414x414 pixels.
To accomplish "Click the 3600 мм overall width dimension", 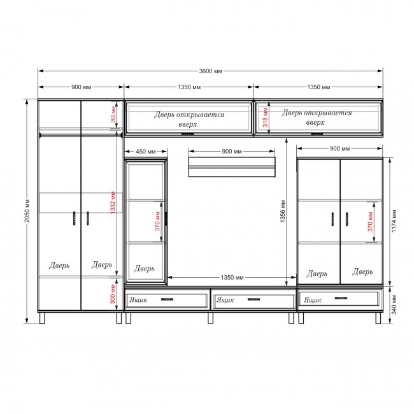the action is point(210,71).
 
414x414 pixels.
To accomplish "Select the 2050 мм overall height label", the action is point(27,211).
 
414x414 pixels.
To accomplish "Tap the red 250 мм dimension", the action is point(113,114).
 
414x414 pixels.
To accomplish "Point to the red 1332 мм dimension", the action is point(113,203).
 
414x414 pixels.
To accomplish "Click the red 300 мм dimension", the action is point(113,294).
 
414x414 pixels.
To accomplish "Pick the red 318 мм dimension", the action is point(265,117).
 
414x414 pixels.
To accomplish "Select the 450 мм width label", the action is point(146,152).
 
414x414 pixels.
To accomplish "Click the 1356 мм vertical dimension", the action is point(283,211).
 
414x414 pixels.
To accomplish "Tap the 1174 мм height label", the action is point(394,221).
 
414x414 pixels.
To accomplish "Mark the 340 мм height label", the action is point(394,304).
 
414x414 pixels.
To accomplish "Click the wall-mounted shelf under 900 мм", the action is point(232,167).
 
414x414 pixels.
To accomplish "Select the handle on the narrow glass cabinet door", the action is point(166,218).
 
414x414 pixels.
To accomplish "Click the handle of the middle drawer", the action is point(253,299).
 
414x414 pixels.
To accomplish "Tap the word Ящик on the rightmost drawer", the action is point(313,300).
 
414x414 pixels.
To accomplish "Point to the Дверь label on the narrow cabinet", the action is point(144,269).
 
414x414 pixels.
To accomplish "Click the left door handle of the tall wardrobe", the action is point(74,218).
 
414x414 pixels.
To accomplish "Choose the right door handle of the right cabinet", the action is point(346,219).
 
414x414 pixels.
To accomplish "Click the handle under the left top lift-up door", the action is point(187,134).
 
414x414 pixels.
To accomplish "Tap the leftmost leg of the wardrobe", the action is point(42,318).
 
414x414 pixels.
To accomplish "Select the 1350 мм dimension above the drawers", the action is point(232,278).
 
